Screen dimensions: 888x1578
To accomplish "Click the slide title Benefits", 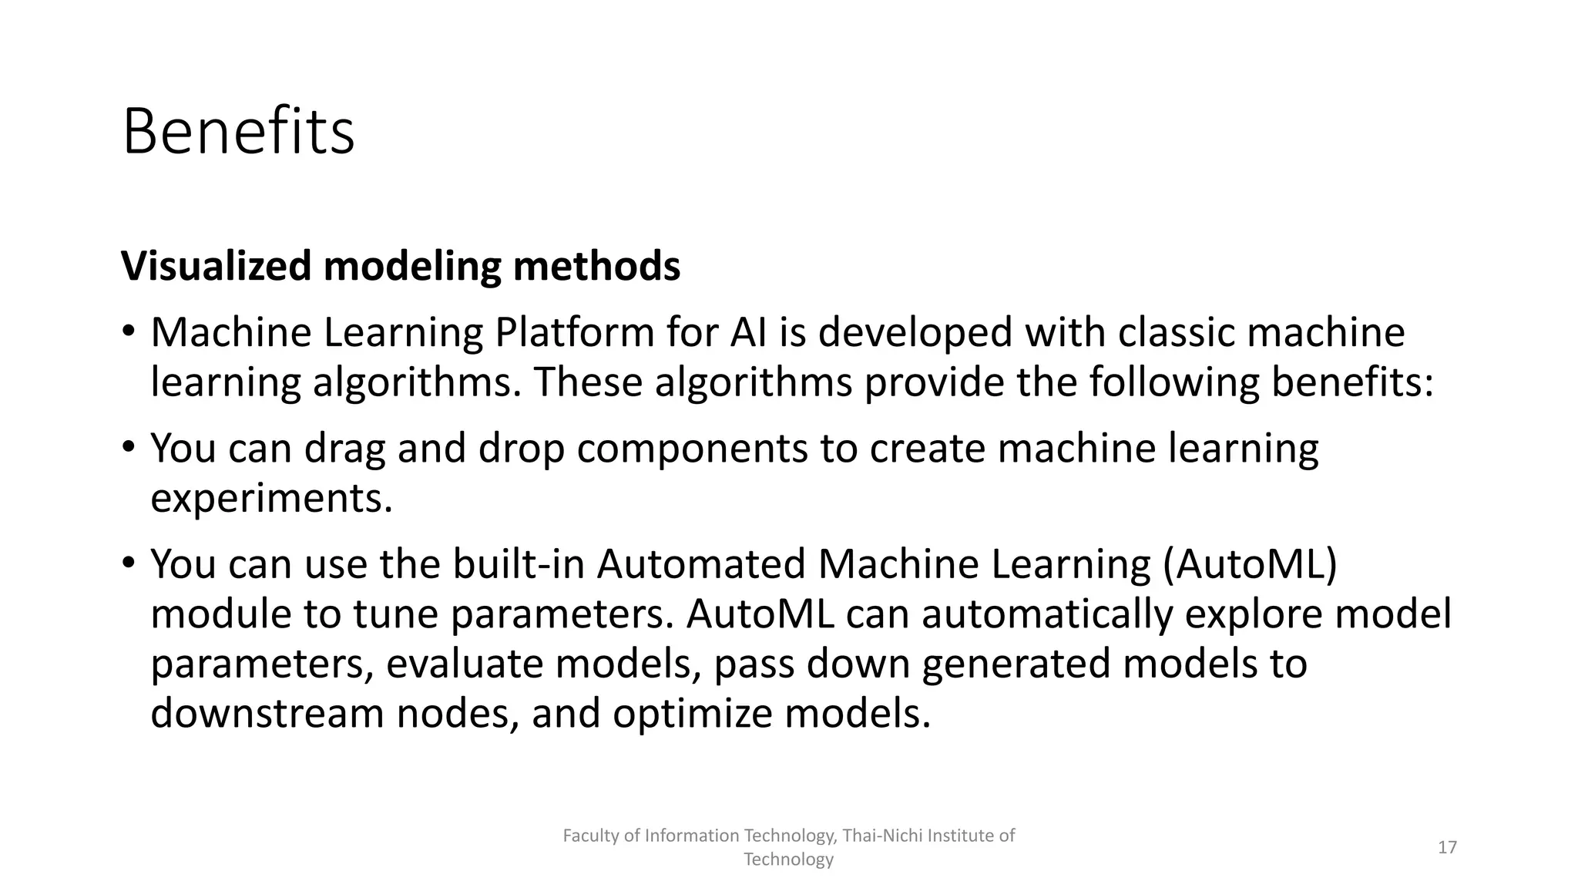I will (238, 133).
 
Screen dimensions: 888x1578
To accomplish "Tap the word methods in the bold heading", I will (596, 266).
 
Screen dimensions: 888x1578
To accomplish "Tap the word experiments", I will (271, 499).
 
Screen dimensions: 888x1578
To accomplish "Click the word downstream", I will (267, 714).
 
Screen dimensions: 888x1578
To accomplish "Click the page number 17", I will (1447, 848).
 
